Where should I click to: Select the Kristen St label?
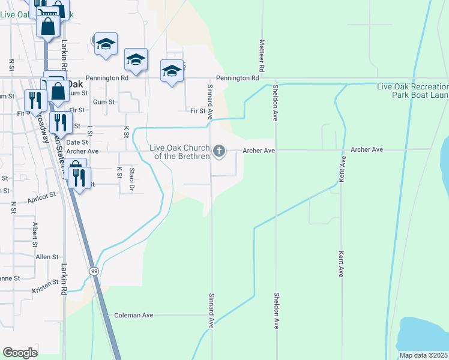pos(46,286)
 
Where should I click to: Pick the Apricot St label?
pos(41,196)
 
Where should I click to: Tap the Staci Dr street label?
pos(132,179)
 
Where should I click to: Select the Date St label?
pos(77,142)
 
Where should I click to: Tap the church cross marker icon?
pos(220,151)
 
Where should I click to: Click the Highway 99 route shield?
pos(94,271)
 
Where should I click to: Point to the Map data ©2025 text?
pos(423,355)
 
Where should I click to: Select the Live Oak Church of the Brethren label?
pos(180,152)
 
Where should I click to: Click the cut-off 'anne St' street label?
pos(10,278)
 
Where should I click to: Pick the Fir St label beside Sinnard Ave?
pos(197,111)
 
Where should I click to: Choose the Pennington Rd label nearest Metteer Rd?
pos(238,78)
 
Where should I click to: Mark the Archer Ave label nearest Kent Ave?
pos(367,149)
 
